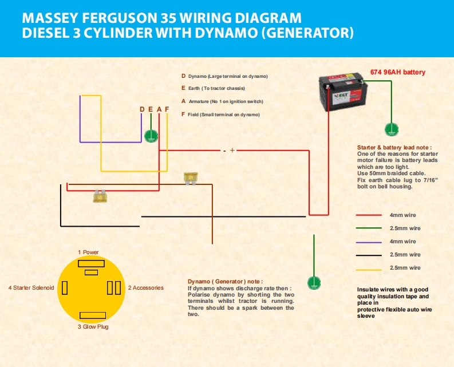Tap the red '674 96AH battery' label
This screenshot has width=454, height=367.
[x=398, y=73]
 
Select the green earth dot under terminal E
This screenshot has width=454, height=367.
[x=151, y=136]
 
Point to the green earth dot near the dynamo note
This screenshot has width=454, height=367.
[x=313, y=282]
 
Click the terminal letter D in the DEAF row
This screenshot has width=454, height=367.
[x=142, y=109]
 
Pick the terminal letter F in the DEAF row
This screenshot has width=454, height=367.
[x=167, y=109]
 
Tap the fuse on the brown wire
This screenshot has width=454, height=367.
[x=191, y=179]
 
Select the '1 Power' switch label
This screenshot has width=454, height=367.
[x=88, y=252]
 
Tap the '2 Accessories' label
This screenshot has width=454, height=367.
[x=145, y=287]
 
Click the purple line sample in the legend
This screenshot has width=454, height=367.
[x=368, y=242]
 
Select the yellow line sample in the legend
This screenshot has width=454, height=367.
[x=368, y=268]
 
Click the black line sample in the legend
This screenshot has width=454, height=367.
[x=368, y=255]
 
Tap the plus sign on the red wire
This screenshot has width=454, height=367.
[x=232, y=151]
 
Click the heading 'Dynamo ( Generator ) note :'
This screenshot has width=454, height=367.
[x=225, y=282]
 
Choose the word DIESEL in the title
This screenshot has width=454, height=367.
[x=46, y=33]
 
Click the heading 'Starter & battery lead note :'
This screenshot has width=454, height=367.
[x=394, y=147]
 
